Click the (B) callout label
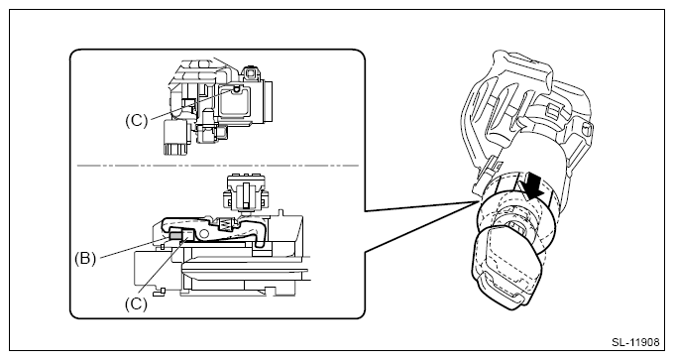[x=85, y=259]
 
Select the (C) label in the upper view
[x=136, y=120]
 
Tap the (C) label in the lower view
[x=136, y=303]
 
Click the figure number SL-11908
[x=635, y=342]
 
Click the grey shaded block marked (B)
[x=175, y=235]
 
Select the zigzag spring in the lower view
[x=226, y=224]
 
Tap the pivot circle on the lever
[x=205, y=234]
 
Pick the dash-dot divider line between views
[x=218, y=166]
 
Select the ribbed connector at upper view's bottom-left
[x=175, y=137]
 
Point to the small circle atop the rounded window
[x=236, y=88]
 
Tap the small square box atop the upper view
[x=250, y=72]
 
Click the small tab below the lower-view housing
[x=159, y=291]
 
